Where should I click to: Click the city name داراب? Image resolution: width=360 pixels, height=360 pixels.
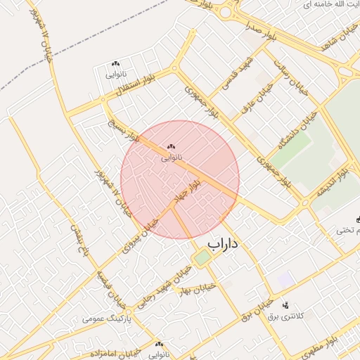point(224,244)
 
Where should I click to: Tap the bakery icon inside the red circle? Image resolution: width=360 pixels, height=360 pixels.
point(171,146)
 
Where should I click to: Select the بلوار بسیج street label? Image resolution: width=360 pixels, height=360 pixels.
point(124,131)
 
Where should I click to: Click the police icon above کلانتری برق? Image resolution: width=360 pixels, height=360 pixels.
point(285,305)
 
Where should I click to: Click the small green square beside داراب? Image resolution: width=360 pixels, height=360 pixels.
point(202,258)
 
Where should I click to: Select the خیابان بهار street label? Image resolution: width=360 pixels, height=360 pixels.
point(196,288)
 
